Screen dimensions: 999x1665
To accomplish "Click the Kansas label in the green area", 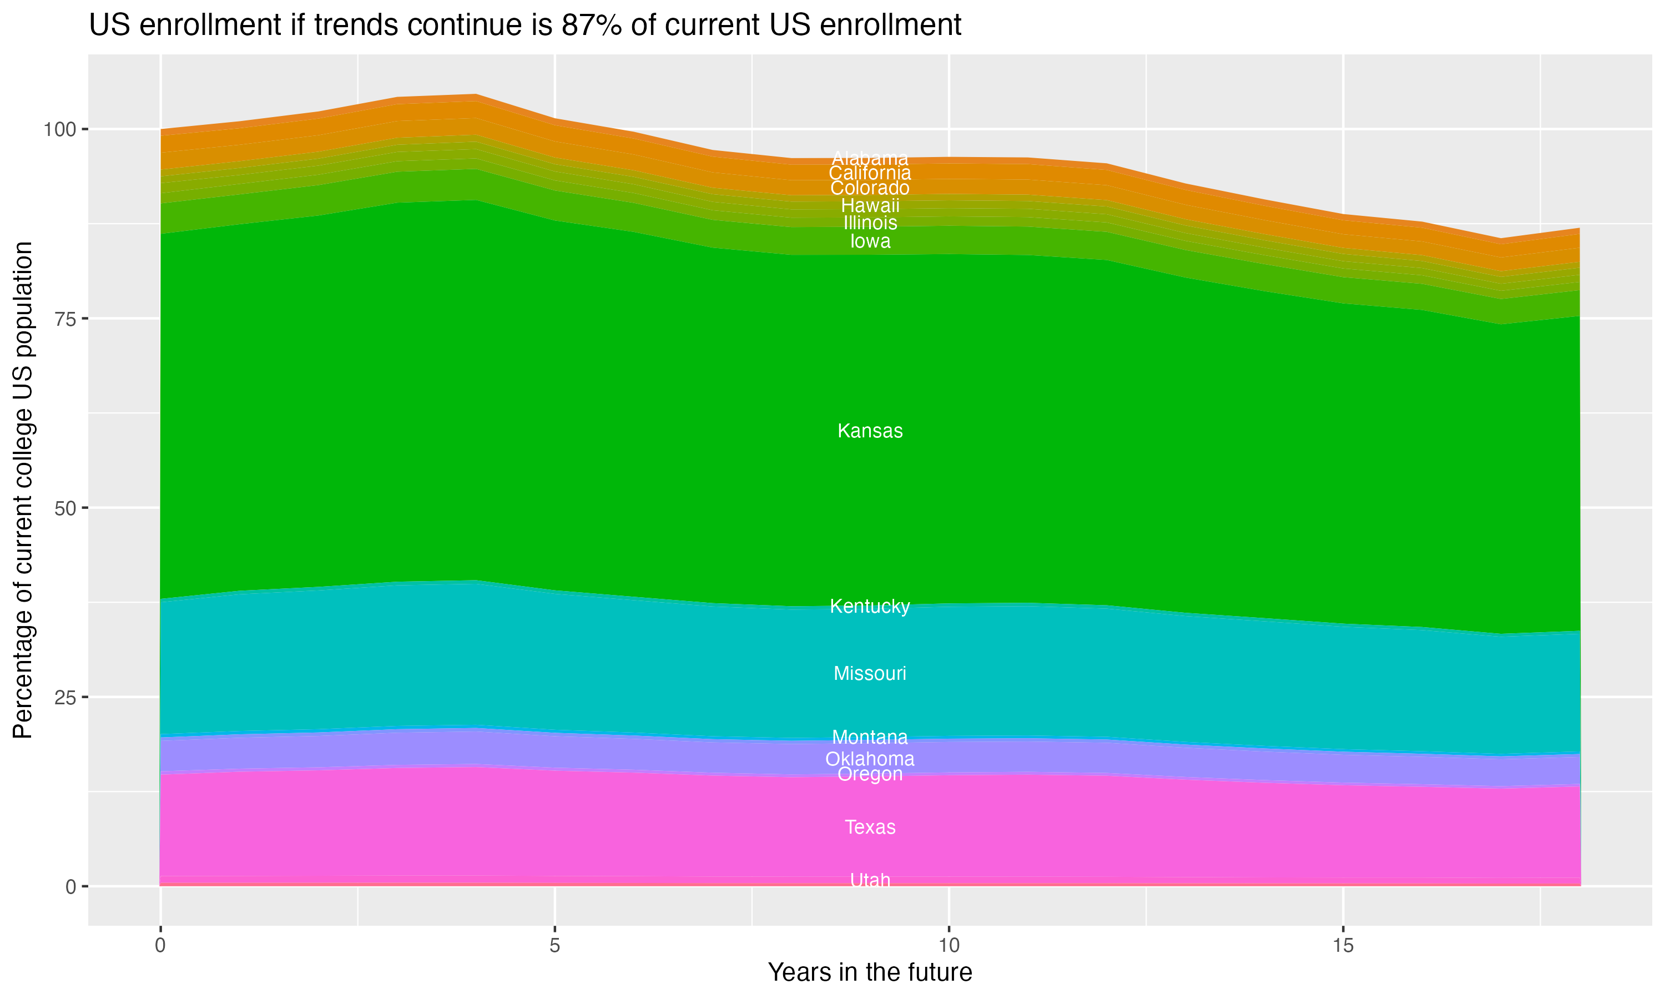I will point(870,431).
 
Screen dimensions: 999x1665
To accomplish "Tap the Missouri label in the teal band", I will point(870,673).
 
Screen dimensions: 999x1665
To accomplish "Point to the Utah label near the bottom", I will point(870,880).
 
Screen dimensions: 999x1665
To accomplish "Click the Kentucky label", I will point(870,606).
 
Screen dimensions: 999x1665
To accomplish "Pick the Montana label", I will point(870,736).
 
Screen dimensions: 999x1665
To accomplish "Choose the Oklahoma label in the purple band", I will point(870,759).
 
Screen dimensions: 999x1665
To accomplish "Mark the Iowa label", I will point(870,241).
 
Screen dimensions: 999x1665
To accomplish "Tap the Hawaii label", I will point(870,205).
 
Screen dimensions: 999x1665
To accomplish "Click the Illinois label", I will point(870,223).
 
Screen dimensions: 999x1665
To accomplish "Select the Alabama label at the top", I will point(870,158).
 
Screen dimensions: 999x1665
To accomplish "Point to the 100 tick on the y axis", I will point(60,129).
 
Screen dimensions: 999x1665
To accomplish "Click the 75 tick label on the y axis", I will point(64,319).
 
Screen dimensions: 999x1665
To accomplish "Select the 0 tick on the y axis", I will point(70,886).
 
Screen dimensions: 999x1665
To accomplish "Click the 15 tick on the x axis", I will point(1343,946).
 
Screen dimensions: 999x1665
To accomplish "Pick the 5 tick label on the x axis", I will point(554,946).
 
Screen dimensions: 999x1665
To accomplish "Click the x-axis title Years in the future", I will point(870,972).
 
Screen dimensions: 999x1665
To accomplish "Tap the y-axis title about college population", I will point(23,490).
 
